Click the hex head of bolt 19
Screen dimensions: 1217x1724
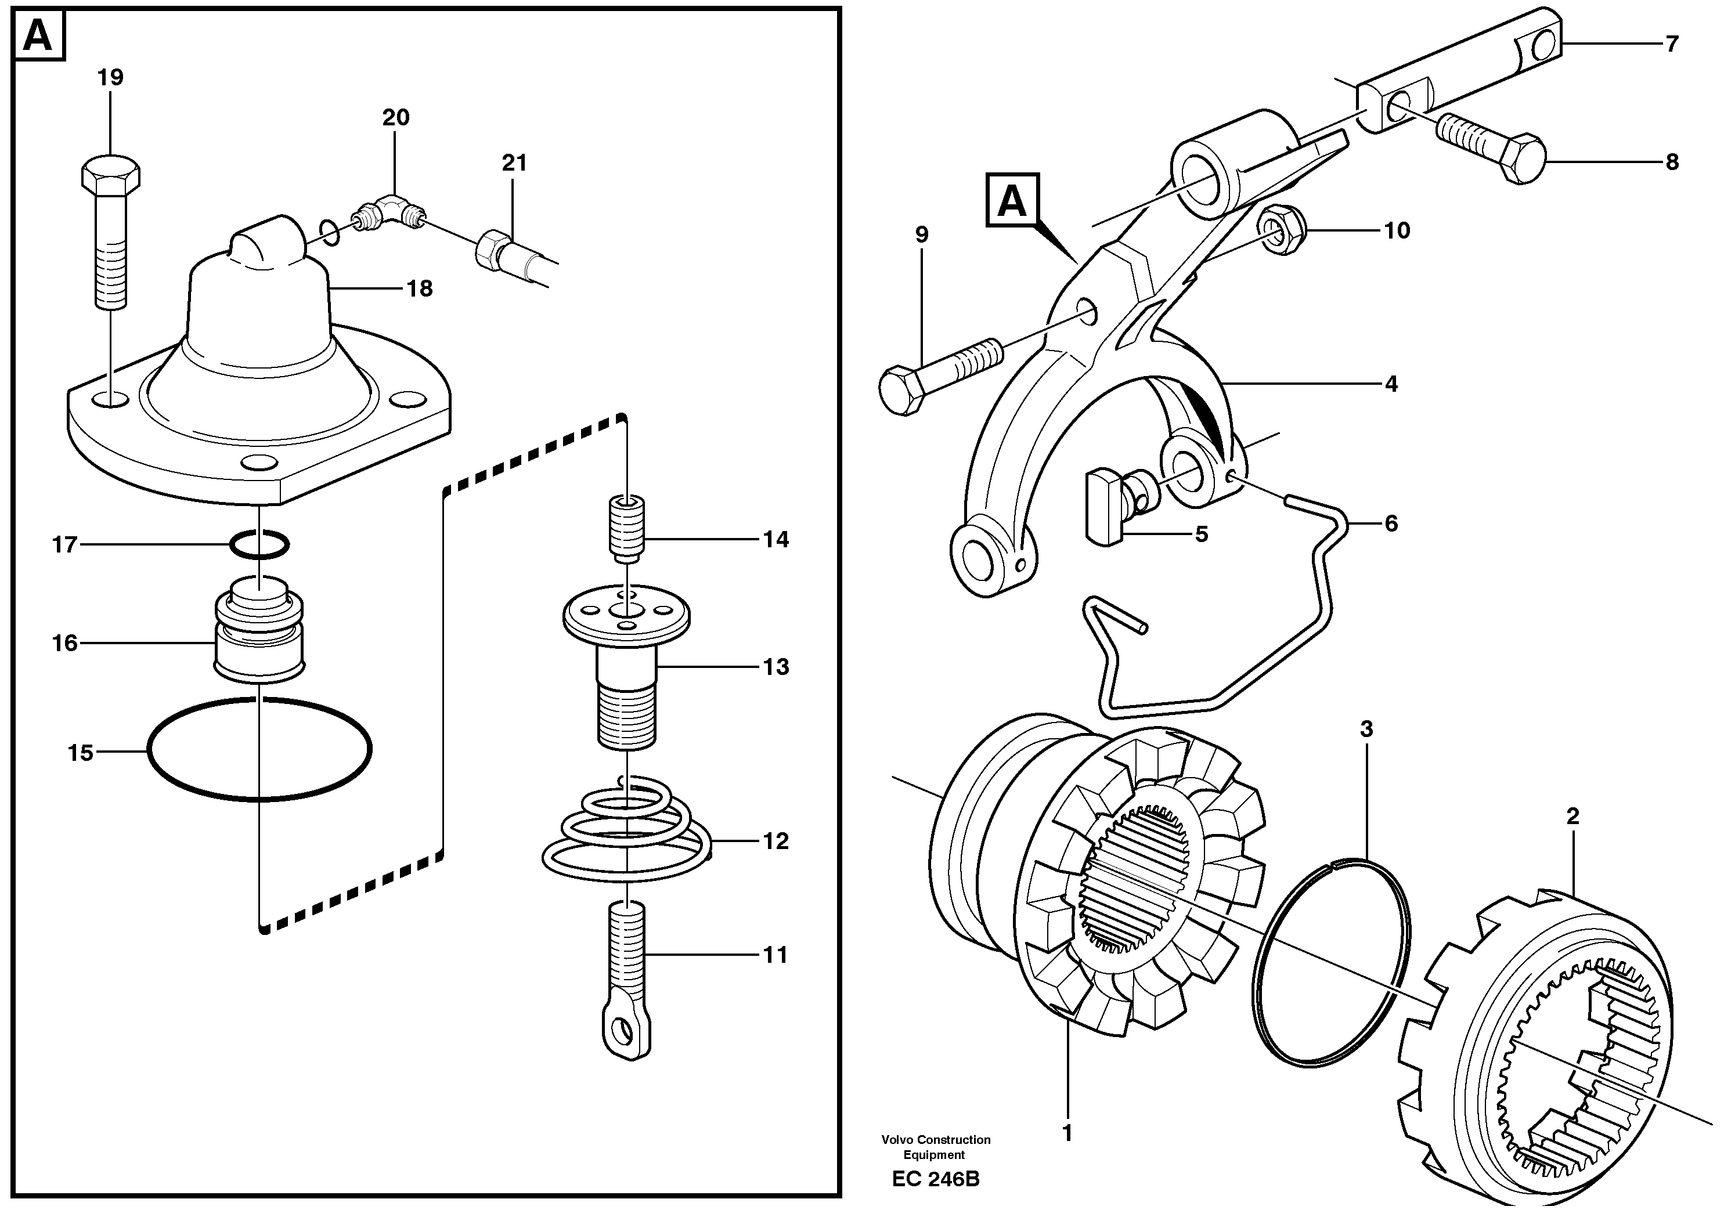point(110,174)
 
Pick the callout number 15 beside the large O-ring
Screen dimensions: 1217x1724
point(80,752)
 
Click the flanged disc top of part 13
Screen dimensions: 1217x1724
point(626,616)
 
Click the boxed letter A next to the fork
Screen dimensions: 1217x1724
point(1011,200)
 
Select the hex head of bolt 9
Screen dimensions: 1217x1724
point(900,391)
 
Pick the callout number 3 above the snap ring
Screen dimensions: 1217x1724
point(1366,728)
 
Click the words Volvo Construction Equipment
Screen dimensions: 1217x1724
point(936,1146)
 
